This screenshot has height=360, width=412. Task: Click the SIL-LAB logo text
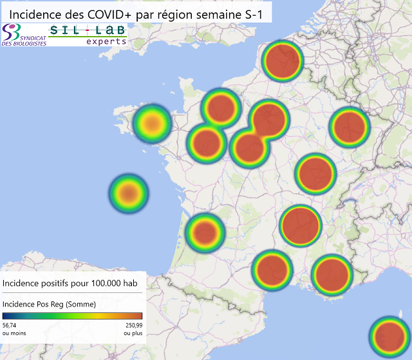coord(88,31)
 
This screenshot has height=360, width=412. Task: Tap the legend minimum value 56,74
coord(10,326)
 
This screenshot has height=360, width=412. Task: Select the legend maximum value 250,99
coord(133,326)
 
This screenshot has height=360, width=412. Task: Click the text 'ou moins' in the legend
coord(14,333)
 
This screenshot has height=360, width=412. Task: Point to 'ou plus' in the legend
coord(133,333)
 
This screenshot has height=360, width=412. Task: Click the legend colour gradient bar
coord(72,316)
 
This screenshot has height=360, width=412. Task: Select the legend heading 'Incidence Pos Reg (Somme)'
coord(49,304)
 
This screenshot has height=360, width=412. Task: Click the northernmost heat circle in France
coord(282,61)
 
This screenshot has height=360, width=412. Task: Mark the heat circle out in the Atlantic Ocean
coord(129,192)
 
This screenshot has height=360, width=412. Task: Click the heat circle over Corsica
coord(389,336)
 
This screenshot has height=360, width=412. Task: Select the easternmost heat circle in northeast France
coord(349,126)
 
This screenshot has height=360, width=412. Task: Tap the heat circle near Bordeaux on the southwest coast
coord(205,232)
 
